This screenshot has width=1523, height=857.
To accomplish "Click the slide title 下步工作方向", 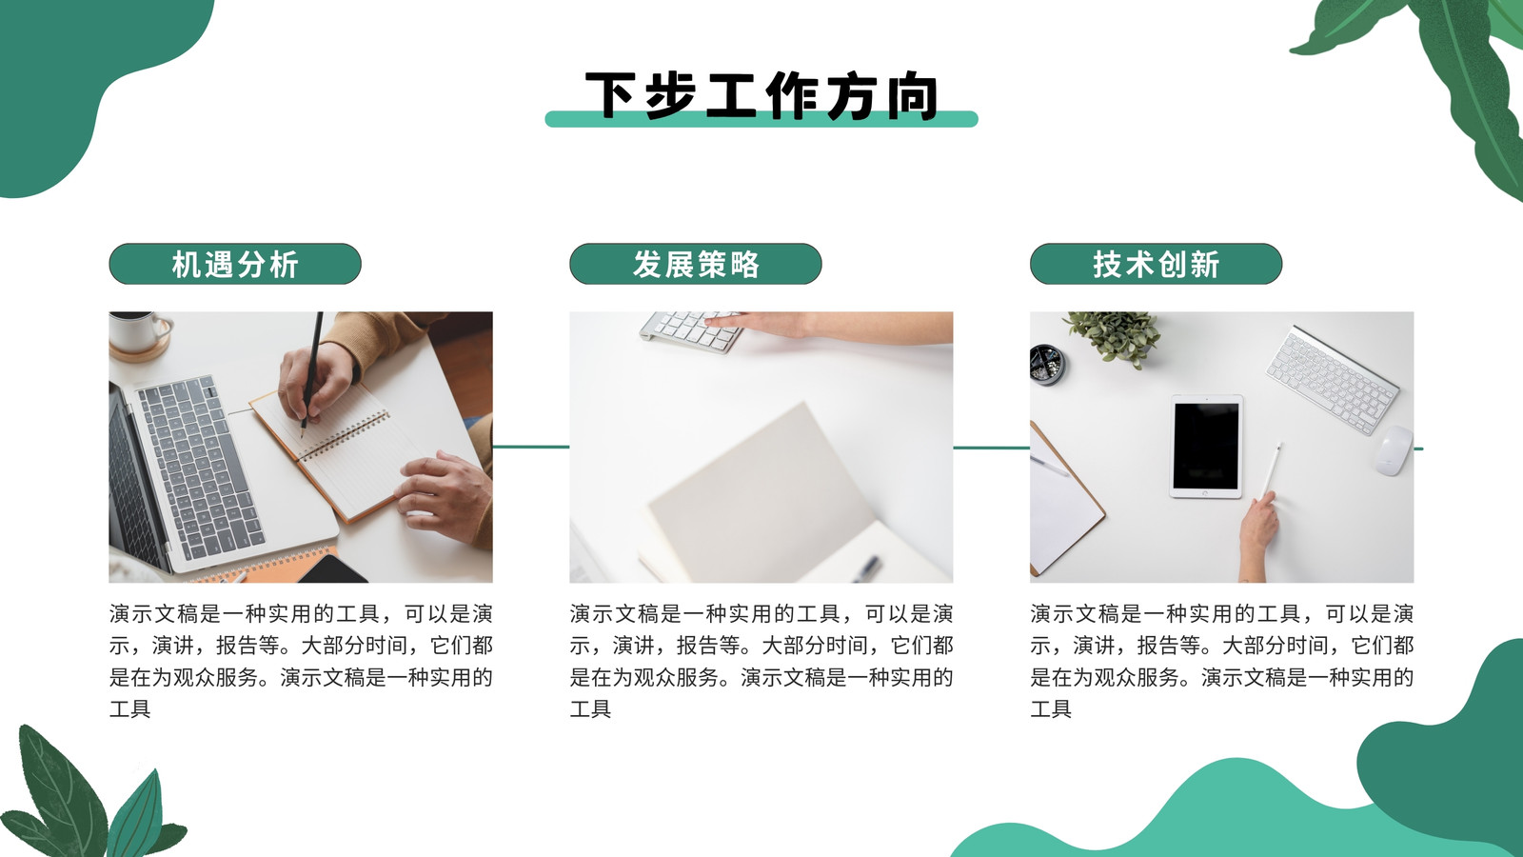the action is pos(761,95).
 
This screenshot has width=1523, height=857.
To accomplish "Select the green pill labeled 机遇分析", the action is pos(234,264).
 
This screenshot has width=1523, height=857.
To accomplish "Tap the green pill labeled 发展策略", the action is pos(696,264).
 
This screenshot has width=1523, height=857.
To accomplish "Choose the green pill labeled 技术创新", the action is pos(1156,264).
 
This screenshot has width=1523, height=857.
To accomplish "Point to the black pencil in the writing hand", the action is pos(312,374).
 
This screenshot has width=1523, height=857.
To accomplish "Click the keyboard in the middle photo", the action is pos(690,331).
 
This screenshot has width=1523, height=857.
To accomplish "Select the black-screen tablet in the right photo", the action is pos(1206,447).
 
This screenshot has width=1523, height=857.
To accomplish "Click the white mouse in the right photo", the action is pos(1393,450).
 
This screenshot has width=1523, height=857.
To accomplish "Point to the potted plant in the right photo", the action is pos(1114,338).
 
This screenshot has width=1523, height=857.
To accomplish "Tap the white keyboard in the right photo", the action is pos(1332,380).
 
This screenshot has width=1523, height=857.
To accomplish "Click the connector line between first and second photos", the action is pos(531,447).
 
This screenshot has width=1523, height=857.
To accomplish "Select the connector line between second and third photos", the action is pos(991,448).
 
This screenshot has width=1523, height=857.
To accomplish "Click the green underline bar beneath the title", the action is pos(761,119).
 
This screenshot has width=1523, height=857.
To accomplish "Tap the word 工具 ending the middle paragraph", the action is pos(590,709).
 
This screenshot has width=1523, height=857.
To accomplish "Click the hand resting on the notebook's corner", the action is pos(445,496).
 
